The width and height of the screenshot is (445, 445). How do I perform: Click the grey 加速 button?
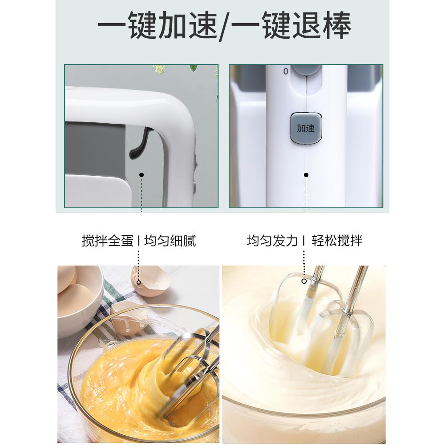pyautogui.click(x=306, y=128)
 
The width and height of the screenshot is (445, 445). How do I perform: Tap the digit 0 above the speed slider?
pyautogui.click(x=286, y=71)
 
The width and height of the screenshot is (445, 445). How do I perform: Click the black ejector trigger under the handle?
pyautogui.click(x=139, y=143)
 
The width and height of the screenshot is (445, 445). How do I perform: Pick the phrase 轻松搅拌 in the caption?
pyautogui.click(x=337, y=241)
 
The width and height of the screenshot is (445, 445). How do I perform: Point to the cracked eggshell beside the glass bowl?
pyautogui.click(x=151, y=278)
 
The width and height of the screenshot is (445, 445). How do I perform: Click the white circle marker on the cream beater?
pyautogui.click(x=304, y=281)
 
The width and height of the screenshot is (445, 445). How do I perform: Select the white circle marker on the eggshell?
pyautogui.click(x=139, y=282)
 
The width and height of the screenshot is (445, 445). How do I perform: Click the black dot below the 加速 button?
pyautogui.click(x=306, y=175)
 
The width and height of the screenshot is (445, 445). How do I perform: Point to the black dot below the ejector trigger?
pyautogui.click(x=142, y=175)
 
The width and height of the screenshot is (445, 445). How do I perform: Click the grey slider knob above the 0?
pyautogui.click(x=306, y=69)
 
